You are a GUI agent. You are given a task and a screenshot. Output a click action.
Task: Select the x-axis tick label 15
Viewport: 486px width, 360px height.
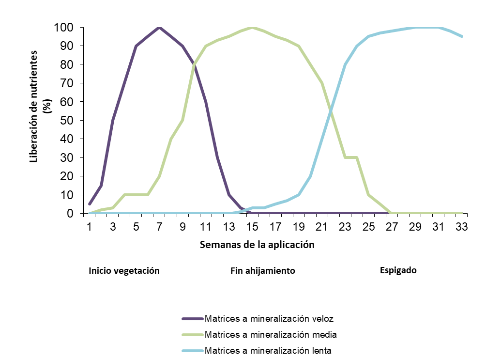252,227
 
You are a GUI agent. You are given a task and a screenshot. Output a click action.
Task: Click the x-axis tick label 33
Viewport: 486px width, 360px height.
462,227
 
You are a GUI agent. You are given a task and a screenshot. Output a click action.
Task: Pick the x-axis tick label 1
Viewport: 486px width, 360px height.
90,227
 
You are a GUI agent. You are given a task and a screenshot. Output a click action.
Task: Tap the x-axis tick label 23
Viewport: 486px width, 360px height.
345,227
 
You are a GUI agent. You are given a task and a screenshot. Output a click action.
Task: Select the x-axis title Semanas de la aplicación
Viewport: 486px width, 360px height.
257,245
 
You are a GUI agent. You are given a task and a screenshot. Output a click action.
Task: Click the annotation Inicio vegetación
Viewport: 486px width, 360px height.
124,270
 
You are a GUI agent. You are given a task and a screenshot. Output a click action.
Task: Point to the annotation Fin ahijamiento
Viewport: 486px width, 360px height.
263,270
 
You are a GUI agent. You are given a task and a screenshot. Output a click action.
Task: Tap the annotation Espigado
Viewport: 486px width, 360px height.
398,270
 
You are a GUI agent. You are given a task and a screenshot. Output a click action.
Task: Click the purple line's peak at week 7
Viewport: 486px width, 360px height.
159,28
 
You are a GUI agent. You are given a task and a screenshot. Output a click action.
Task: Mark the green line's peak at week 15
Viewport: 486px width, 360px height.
252,28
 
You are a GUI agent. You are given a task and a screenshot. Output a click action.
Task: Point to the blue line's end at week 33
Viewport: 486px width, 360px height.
462,36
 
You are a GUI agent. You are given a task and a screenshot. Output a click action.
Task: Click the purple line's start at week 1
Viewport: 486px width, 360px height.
90,204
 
